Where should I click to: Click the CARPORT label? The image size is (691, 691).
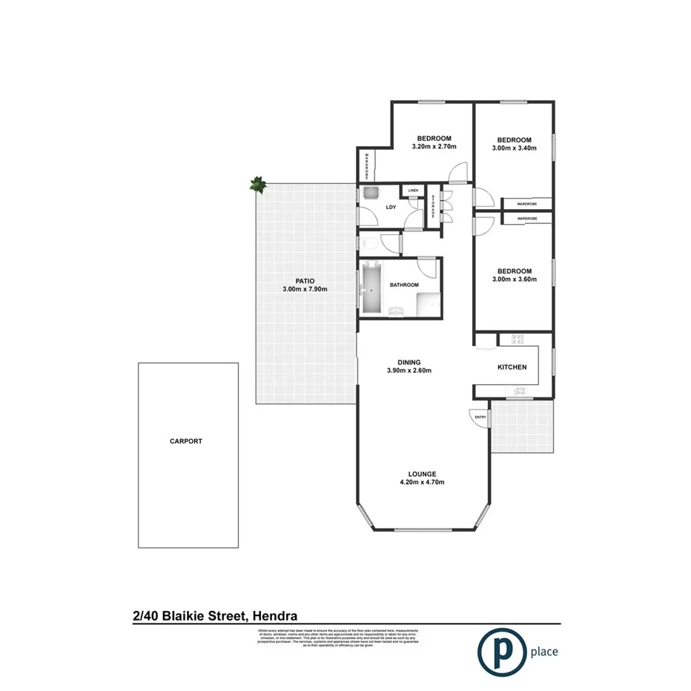tap(185, 441)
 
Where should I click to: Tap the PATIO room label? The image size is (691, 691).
tap(304, 280)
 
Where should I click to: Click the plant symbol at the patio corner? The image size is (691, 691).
tap(257, 185)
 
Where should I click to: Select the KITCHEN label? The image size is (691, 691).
tap(512, 367)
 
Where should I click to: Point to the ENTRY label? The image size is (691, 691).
tap(480, 417)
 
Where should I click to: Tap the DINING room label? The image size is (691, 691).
tap(409, 362)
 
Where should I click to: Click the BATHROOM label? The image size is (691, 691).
tap(404, 285)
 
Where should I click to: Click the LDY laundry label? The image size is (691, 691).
tap(391, 207)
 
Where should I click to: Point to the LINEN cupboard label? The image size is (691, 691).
tap(413, 191)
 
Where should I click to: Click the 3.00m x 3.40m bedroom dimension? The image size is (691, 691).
tap(514, 148)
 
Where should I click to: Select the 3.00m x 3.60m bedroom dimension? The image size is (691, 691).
tap(514, 280)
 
